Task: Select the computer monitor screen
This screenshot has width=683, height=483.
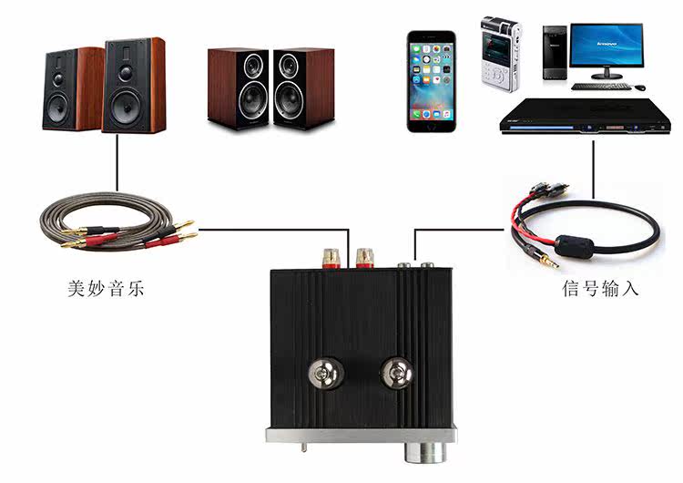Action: click(606, 46)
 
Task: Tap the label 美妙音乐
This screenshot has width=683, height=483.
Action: click(107, 290)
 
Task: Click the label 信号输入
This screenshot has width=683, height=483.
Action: click(600, 290)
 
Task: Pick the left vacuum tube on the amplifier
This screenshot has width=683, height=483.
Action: click(320, 373)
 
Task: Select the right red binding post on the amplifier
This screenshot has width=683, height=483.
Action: click(365, 254)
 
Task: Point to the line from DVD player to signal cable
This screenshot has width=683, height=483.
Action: click(593, 168)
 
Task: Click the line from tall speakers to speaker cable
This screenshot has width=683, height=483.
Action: click(117, 164)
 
